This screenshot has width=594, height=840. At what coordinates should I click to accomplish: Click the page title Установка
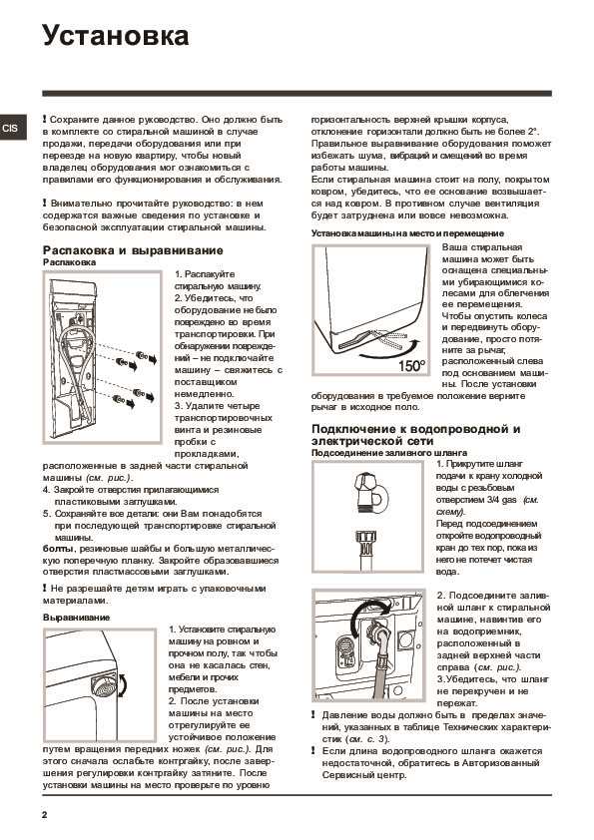pos(115,37)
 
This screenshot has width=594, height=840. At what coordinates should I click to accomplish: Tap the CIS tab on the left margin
pos(11,128)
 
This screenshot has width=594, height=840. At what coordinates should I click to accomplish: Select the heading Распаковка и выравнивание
pos(133,250)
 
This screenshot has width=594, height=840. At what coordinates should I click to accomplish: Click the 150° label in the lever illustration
pos(411,366)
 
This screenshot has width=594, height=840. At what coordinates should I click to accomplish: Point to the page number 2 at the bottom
pos(45,815)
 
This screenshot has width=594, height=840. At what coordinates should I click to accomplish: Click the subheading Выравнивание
pos(76,618)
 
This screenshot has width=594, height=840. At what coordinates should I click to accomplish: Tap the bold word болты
pos(57,549)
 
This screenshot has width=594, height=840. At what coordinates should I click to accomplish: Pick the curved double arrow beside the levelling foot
pos(125,685)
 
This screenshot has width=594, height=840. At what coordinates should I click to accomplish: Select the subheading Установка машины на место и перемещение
pos(407,233)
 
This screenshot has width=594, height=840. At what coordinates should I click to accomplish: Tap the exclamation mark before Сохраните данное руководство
pos(45,120)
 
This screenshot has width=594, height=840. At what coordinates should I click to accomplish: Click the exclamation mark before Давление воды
pos(313,715)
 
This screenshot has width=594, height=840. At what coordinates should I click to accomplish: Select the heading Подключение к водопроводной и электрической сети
pos(416,435)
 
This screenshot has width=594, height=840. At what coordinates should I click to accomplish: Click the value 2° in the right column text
pos(532,132)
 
